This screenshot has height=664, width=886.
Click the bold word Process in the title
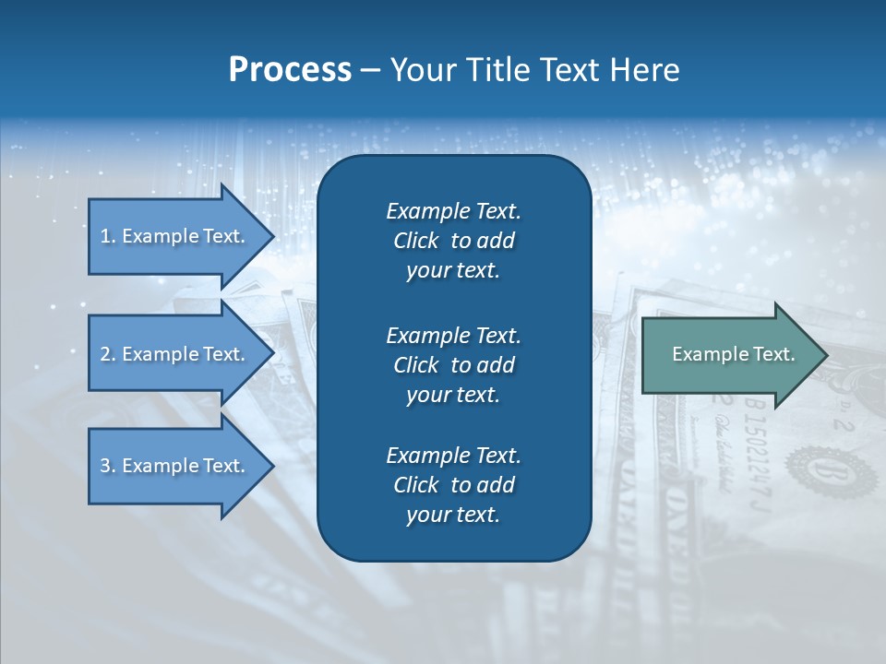[290, 70]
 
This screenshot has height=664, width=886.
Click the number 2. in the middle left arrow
[108, 354]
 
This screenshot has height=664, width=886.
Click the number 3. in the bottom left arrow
[108, 466]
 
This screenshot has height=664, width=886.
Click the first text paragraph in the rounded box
[453, 241]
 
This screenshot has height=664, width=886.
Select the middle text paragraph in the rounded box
[453, 364]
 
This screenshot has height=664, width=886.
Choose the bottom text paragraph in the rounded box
[453, 485]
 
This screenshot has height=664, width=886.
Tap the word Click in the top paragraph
[416, 241]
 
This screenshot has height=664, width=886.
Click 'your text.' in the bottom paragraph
[453, 515]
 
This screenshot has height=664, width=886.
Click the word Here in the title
[644, 70]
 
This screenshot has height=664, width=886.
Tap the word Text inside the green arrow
[772, 354]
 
